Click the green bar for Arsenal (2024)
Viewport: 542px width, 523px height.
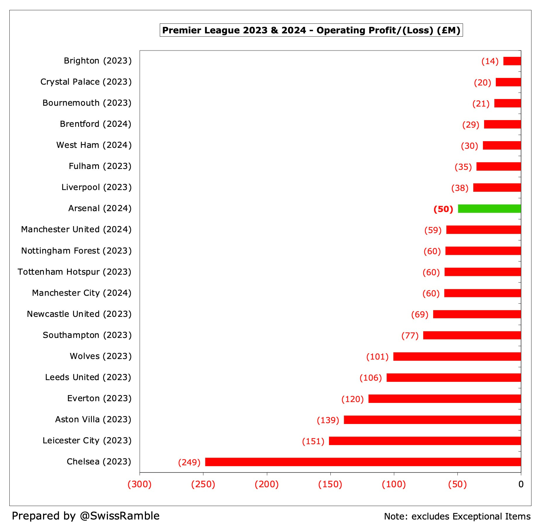489,208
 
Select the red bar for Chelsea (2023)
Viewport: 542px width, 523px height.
363,462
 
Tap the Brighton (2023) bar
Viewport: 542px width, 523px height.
512,61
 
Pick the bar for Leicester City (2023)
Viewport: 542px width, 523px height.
425,441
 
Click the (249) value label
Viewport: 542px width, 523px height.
189,462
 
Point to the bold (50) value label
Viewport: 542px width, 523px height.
443,209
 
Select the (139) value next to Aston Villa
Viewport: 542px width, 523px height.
328,420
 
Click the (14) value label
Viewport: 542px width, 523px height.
490,61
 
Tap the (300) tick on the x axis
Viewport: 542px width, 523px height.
140,484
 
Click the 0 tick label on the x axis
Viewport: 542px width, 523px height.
521,484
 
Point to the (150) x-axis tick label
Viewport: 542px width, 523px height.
330,484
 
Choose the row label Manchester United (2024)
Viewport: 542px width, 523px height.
76,229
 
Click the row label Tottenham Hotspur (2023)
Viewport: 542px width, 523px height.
74,272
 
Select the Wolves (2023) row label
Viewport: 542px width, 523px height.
101,356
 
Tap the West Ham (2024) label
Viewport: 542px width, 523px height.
94,145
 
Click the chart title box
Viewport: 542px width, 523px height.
311,30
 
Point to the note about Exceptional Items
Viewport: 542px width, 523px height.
457,516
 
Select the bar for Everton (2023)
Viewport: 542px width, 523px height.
445,399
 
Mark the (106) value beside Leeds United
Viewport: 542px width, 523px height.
371,378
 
